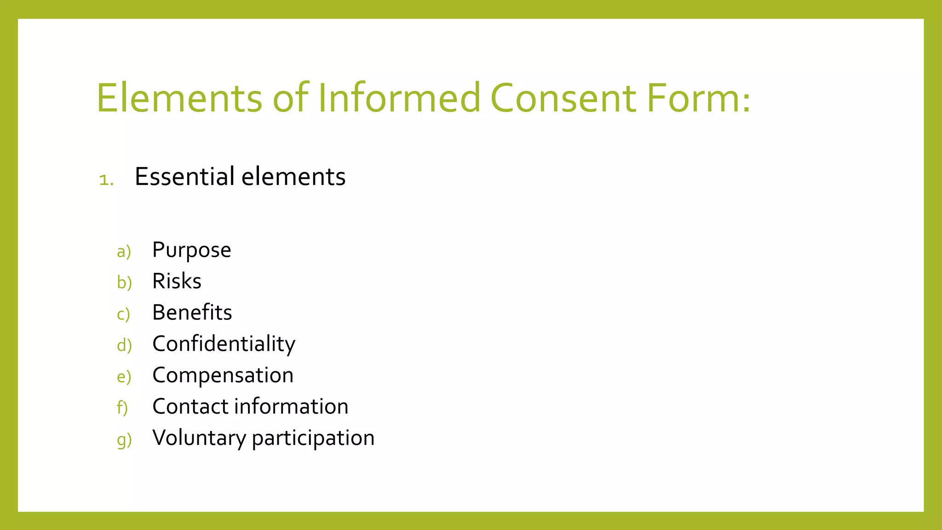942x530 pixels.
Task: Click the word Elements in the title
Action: (179, 98)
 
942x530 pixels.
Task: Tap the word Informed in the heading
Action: (399, 98)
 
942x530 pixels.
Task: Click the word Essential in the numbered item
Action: (185, 176)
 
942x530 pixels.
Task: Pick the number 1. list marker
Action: (106, 180)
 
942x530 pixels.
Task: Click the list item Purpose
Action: (192, 250)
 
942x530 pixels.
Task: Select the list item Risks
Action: (177, 281)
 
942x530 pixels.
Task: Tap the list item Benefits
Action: (192, 312)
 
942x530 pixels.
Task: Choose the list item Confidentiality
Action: (224, 344)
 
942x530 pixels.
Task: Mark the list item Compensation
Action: (223, 375)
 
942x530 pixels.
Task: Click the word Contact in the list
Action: (190, 407)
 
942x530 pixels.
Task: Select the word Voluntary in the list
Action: (199, 438)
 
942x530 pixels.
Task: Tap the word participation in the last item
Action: (313, 438)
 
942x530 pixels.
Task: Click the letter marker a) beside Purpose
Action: (124, 252)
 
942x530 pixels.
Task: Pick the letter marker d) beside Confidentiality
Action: (124, 345)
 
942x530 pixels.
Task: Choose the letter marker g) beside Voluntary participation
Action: (124, 440)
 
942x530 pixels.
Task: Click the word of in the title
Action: (290, 98)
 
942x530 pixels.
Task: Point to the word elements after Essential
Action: (293, 176)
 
